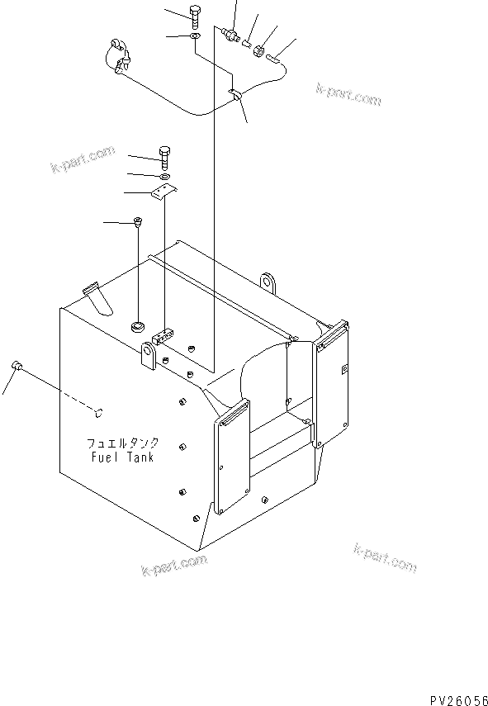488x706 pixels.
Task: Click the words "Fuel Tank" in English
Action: coord(123,457)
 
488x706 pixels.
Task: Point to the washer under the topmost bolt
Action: coord(193,36)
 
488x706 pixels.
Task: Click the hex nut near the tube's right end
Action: coord(258,51)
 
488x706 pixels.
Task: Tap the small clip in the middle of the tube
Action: coord(236,97)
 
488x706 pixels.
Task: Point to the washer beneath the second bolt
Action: coord(165,175)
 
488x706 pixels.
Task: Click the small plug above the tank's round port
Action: coord(137,221)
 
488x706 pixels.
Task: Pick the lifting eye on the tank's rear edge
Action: coord(267,281)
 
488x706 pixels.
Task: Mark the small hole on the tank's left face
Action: coord(98,410)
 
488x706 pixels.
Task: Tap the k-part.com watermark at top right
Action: coord(348,95)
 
